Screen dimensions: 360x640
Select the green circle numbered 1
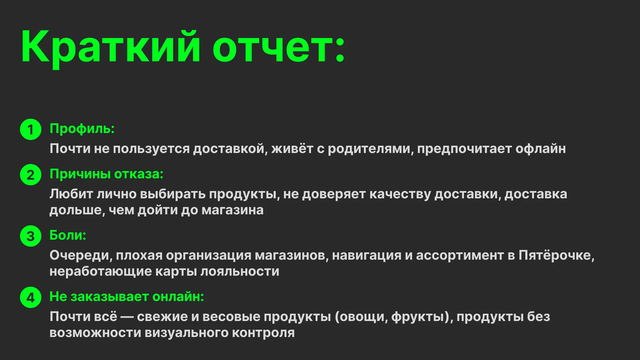(x=31, y=129)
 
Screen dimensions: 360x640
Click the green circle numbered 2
(x=31, y=175)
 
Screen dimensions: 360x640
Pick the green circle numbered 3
(x=31, y=236)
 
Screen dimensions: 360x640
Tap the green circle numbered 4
(x=31, y=297)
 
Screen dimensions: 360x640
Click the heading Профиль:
(x=82, y=129)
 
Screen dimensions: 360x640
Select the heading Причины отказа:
(x=106, y=174)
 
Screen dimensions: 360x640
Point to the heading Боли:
(x=68, y=235)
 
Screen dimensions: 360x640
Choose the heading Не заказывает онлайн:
(x=127, y=297)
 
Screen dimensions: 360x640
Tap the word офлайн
(x=540, y=149)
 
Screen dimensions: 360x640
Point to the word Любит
(x=71, y=194)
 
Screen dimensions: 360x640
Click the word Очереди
(x=81, y=255)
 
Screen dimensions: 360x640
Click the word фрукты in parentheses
(x=418, y=317)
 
